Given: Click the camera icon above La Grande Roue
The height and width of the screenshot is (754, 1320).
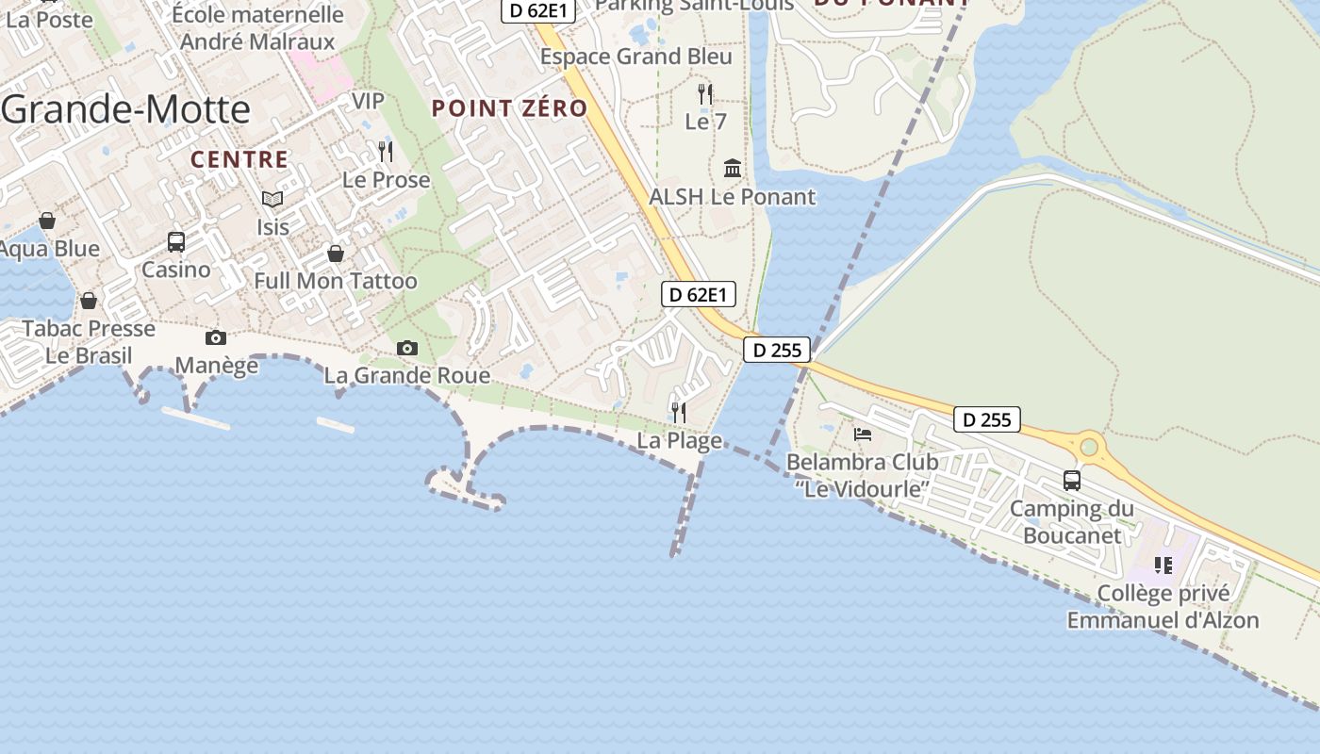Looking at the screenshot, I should [407, 348].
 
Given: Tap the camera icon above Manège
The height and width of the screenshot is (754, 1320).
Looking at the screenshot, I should [216, 337].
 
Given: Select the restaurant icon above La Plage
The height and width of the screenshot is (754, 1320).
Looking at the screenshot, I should [678, 412].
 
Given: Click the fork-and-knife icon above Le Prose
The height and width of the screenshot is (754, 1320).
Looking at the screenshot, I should [385, 151].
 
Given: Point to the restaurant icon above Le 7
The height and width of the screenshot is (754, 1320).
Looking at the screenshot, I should [704, 93].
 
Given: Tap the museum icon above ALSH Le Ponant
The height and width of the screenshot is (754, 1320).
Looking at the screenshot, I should [732, 169].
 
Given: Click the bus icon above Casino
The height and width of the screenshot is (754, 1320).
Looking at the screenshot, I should [176, 241].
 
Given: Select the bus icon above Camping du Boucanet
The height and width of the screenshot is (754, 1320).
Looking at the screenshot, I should [1072, 481].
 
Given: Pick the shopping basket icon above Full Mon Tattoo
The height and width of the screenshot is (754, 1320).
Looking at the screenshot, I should [335, 254].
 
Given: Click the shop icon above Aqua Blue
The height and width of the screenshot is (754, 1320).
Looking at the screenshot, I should [47, 221].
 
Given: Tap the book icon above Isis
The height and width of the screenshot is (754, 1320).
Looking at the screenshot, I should [272, 199].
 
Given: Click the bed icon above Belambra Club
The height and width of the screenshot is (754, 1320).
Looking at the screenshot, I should [863, 434].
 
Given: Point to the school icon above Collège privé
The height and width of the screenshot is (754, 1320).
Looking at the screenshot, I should [1163, 565].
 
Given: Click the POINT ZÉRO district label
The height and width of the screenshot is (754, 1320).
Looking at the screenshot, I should [509, 108].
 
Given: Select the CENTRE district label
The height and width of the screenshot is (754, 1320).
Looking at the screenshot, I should [239, 159].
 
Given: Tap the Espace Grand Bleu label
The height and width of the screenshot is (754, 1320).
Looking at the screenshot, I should [635, 57].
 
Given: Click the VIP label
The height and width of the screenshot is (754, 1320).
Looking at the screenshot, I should [369, 101].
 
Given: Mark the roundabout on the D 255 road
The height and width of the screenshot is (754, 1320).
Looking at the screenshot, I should [1090, 447].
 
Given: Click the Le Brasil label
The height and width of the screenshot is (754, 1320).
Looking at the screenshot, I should [89, 356].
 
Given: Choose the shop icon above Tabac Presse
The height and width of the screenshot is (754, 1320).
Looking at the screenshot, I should [89, 301].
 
